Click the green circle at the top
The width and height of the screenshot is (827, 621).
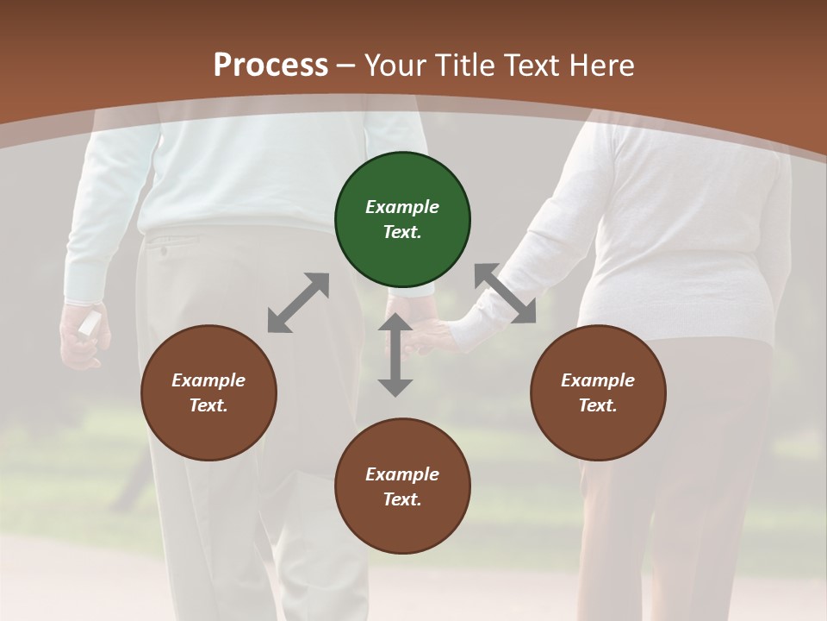(x=402, y=220)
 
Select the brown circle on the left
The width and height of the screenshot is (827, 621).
(x=208, y=393)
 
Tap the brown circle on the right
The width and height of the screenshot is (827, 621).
(x=598, y=393)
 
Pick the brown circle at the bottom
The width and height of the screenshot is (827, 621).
(x=402, y=486)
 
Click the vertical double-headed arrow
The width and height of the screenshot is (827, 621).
(x=395, y=355)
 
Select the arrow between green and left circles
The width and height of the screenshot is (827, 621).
(x=298, y=303)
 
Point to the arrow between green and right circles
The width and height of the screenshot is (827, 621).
(x=506, y=294)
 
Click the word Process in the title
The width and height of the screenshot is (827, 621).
(x=270, y=65)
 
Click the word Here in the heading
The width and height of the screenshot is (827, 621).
(x=602, y=65)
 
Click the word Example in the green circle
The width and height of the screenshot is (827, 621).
(x=402, y=207)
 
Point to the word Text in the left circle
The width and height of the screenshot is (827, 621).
(x=208, y=406)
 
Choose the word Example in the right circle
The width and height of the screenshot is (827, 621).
(x=598, y=380)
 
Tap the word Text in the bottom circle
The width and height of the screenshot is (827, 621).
(x=402, y=499)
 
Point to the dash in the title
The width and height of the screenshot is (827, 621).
(x=346, y=65)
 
